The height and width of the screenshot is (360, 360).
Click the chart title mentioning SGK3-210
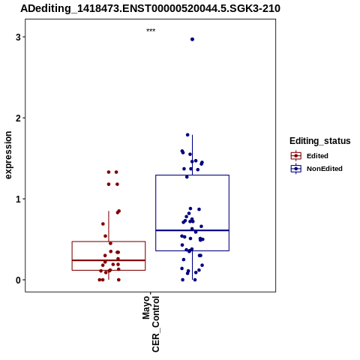point(150,8)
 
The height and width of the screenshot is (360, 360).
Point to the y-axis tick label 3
point(18,37)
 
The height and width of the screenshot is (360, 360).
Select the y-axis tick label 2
point(18,118)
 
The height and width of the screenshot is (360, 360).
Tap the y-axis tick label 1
point(18,199)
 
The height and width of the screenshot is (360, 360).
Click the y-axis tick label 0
point(18,280)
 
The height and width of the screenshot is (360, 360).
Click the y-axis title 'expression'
point(8,155)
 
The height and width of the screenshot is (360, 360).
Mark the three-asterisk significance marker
point(151,31)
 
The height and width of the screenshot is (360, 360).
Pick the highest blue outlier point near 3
point(192,39)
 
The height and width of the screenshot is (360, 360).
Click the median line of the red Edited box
point(109,260)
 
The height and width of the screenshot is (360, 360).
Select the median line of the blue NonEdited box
point(192,230)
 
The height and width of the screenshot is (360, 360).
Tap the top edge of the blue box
point(192,175)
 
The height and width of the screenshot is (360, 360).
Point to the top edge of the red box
point(109,241)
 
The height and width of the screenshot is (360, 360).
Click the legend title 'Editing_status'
point(320,141)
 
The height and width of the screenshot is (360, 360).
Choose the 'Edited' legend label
point(317,156)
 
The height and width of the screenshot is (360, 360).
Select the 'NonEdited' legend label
point(325,169)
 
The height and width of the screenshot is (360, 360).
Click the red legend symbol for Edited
point(296,156)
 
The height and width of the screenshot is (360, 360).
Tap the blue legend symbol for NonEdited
point(296,169)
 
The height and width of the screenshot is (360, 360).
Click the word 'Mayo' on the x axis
point(146,307)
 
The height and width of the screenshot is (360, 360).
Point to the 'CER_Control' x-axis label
point(155,324)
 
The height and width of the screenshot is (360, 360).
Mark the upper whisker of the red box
point(109,226)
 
